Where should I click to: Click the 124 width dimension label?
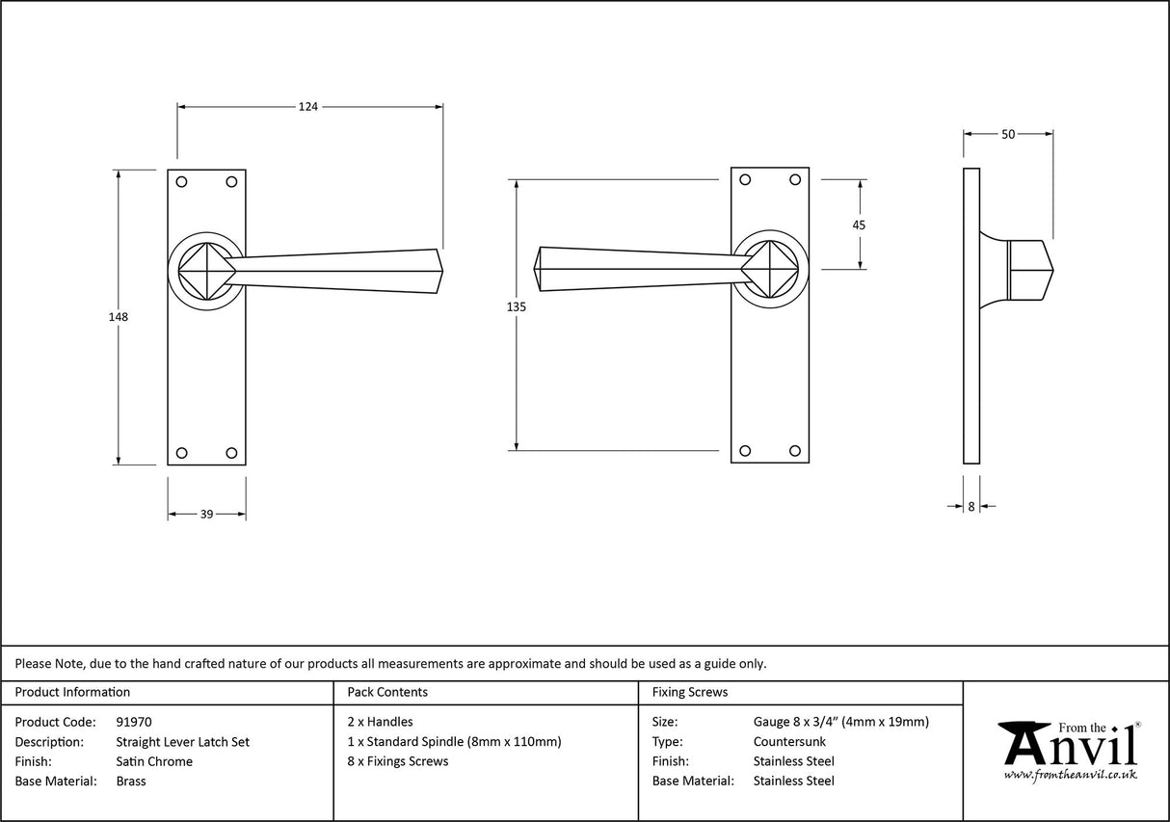point(307,107)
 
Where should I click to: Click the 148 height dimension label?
point(119,316)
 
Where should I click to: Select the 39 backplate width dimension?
point(206,515)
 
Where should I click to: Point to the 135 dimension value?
point(517,306)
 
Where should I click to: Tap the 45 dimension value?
point(859,225)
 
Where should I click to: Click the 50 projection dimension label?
point(1008,135)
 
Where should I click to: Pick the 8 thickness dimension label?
point(971,506)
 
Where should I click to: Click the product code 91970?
point(133,722)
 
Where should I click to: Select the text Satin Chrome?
point(153,761)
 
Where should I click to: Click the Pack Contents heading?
point(387,692)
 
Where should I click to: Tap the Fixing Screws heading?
point(690,692)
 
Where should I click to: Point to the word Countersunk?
point(789,742)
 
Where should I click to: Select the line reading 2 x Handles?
point(380,722)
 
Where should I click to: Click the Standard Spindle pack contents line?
point(454,742)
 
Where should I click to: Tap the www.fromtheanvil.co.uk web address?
point(1070,775)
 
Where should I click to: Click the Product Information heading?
point(72,692)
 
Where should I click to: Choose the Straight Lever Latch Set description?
point(182,742)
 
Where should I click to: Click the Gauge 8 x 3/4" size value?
point(840,722)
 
